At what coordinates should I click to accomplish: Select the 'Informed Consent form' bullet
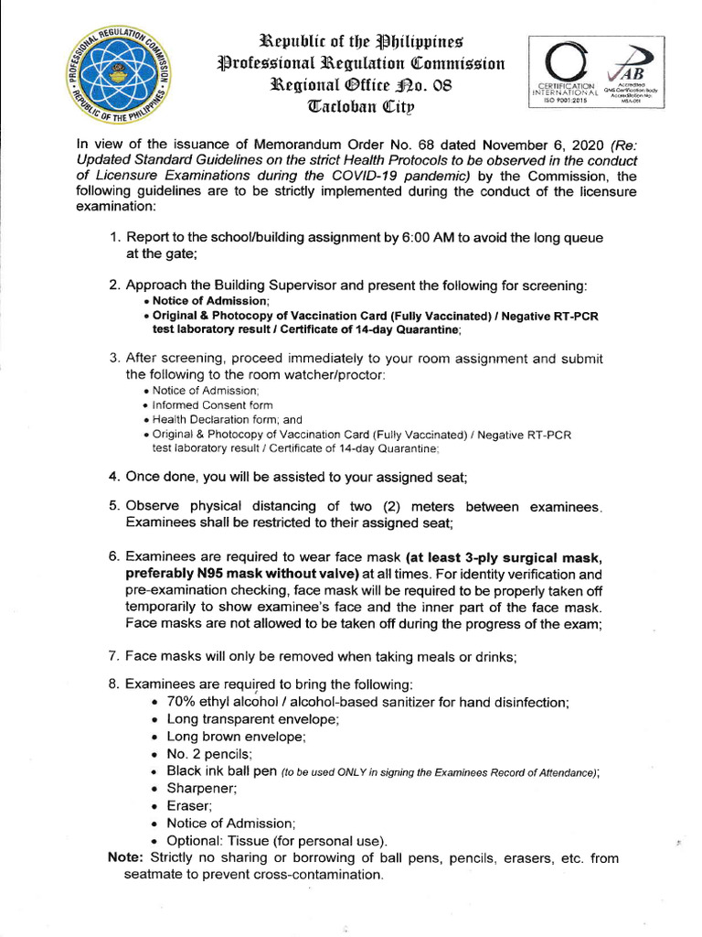click(212, 404)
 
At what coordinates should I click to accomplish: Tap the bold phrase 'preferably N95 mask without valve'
click(241, 574)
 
